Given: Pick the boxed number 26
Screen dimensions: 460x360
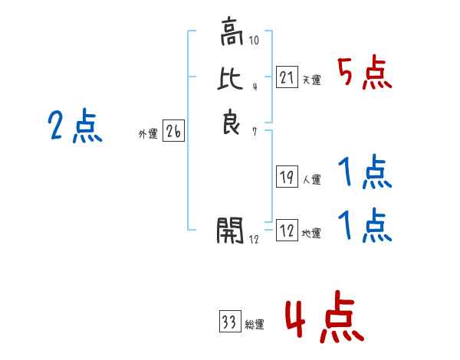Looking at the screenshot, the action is point(173,132).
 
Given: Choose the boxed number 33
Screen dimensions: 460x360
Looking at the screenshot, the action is point(228,321).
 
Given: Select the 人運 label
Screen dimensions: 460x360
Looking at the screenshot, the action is point(311,181).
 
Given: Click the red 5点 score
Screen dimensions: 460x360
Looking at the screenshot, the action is point(364,74).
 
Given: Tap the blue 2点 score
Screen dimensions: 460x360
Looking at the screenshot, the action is point(74,126).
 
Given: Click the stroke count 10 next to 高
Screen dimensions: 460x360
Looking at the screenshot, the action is point(255,39).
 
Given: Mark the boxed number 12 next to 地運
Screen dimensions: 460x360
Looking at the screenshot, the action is point(286,230).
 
